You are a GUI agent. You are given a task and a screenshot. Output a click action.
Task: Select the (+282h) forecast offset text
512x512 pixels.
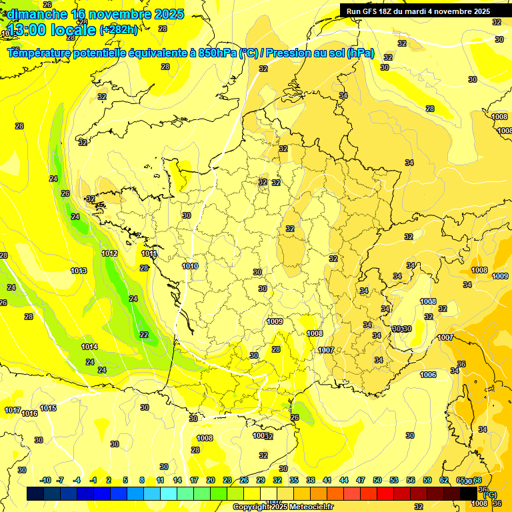coord(119,29)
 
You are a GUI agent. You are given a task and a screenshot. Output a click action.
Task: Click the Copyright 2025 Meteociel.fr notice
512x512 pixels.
coord(283,507)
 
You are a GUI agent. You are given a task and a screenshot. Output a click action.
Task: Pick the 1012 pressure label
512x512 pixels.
coord(110,253)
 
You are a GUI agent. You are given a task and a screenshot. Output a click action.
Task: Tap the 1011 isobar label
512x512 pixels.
coord(149,253)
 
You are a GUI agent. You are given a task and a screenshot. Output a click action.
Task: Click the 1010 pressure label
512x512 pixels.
coord(190,266)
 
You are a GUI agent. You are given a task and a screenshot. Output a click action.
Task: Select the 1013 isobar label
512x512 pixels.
coord(79,271)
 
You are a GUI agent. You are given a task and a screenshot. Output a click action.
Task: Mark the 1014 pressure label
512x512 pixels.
coord(89,347)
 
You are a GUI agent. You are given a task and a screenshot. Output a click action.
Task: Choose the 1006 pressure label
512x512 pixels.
coord(429,375)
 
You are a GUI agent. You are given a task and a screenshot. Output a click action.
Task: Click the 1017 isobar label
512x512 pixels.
coord(12,410)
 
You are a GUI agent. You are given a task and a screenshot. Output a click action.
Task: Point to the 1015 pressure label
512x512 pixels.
coord(48,408)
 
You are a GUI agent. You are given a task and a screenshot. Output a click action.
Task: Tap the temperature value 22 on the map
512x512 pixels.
coord(144,335)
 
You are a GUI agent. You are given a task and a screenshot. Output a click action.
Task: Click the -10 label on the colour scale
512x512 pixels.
coord(45,480)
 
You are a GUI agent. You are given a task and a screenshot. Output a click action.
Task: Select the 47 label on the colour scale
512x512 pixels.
coord(361,480)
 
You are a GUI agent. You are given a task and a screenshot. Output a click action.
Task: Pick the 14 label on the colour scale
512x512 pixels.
coord(177,480)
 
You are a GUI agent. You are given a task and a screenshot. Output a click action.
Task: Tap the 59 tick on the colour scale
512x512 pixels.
coord(427,480)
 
